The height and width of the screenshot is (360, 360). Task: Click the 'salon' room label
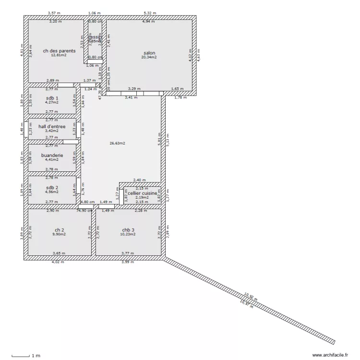click(x=149, y=53)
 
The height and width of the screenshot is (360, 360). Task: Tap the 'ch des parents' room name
click(x=59, y=51)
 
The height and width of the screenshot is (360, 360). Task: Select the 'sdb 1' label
click(x=52, y=98)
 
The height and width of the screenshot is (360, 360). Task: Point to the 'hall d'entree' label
click(x=52, y=127)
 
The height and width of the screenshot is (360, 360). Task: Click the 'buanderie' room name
click(x=52, y=156)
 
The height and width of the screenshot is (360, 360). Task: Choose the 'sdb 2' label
click(x=52, y=187)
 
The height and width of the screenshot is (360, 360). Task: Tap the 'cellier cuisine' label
click(x=142, y=193)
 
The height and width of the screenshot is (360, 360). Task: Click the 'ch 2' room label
click(x=59, y=230)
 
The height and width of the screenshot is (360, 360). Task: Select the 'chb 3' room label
click(x=128, y=230)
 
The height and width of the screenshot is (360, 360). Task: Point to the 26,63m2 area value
click(x=118, y=143)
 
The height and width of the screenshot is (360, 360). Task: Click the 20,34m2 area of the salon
click(x=149, y=57)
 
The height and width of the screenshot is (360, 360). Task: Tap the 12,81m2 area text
click(x=59, y=55)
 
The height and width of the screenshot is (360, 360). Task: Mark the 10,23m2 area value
click(x=128, y=234)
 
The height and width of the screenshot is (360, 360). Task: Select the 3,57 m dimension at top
click(x=54, y=13)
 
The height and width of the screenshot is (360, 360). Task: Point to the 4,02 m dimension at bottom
click(x=58, y=262)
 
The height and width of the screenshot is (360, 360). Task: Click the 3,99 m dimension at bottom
click(x=128, y=262)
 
